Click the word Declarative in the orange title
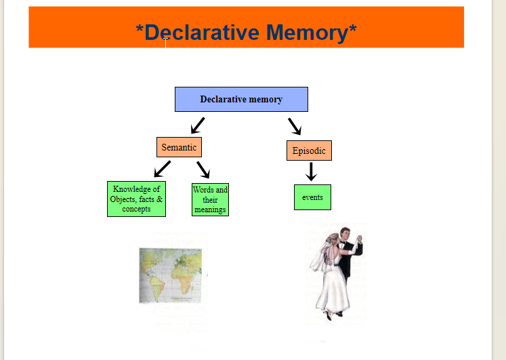[x=201, y=32]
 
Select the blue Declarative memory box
[x=241, y=99]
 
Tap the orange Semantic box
[x=179, y=147]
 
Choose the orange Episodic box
[x=309, y=151]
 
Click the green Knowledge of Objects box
[x=136, y=199]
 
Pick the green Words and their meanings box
[x=210, y=199]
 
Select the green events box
[x=312, y=197]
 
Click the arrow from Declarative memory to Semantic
[x=197, y=125]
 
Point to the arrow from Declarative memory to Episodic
[x=295, y=126]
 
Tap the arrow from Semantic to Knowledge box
[x=162, y=169]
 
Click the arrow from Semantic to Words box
[x=204, y=169]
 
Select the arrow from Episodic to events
[x=311, y=172]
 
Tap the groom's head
[x=345, y=233]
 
